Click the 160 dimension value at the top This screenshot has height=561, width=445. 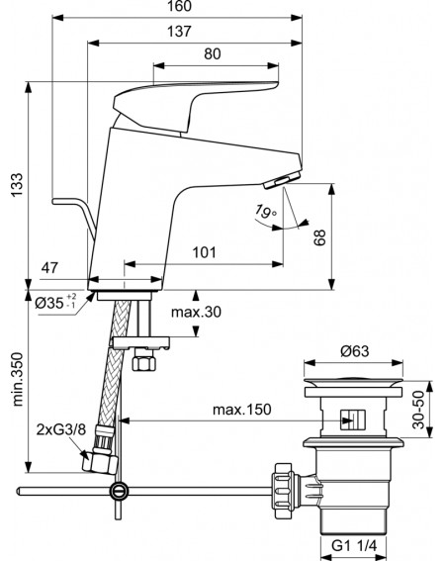tap(180, 6)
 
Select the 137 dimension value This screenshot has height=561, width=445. tap(180, 32)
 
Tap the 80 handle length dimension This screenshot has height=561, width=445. tap(213, 54)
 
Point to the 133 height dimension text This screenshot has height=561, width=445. tap(17, 185)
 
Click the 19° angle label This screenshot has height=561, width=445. tap(266, 211)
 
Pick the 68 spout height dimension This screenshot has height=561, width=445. tap(319, 237)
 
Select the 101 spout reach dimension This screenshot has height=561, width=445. tap(205, 252)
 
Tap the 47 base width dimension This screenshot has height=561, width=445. tap(49, 267)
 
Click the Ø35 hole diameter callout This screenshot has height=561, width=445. tap(55, 303)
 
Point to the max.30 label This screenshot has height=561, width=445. tap(196, 312)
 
